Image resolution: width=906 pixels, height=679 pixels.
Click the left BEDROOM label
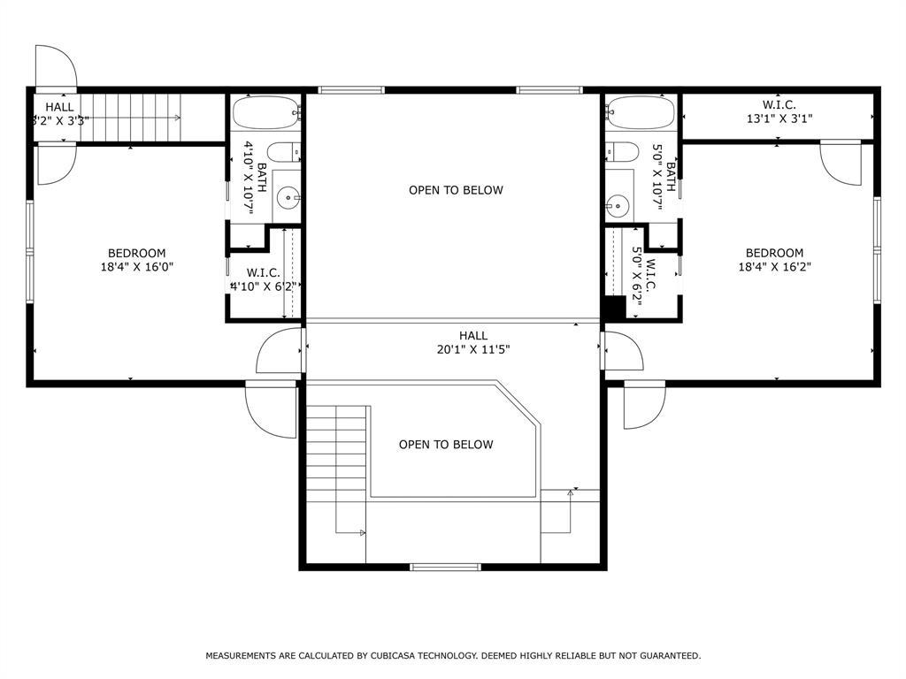(x=136, y=253)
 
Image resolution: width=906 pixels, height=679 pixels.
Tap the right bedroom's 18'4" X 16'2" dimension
(x=774, y=266)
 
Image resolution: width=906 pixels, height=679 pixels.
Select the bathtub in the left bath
(x=265, y=113)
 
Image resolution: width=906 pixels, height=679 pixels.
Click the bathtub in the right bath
(x=641, y=113)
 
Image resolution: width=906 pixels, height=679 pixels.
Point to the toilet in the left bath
(x=283, y=152)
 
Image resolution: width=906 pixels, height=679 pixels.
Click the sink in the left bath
(x=286, y=198)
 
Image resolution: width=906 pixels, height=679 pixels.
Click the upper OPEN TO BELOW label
(x=456, y=190)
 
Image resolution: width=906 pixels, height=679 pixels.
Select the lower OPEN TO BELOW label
(x=446, y=445)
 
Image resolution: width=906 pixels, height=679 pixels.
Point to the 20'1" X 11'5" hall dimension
(x=472, y=349)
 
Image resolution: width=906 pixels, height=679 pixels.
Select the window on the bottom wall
(x=443, y=566)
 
